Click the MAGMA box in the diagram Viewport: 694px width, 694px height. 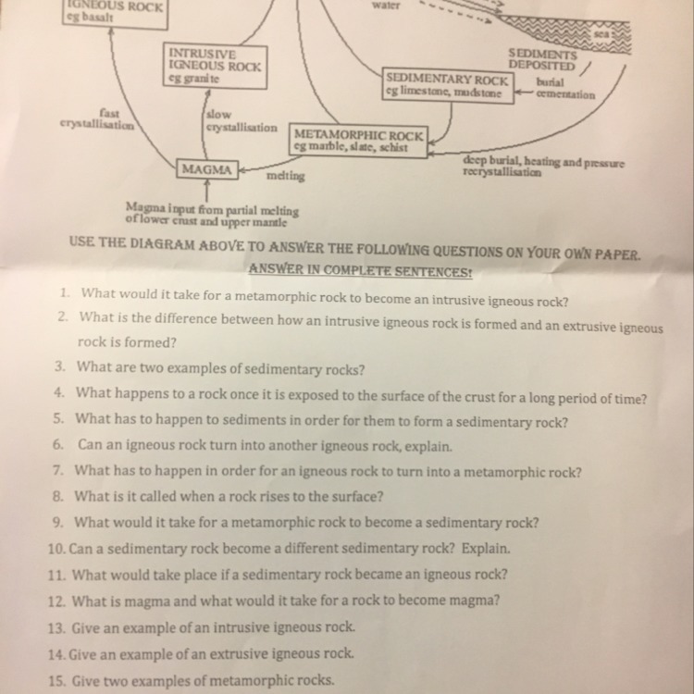click(207, 169)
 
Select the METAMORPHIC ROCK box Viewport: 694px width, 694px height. click(358, 141)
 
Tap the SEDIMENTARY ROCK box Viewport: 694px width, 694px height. click(448, 86)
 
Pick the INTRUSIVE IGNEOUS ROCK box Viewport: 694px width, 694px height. click(215, 67)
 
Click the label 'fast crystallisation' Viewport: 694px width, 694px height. click(97, 119)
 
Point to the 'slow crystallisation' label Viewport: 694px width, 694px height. click(242, 121)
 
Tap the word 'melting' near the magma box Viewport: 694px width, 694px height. click(286, 176)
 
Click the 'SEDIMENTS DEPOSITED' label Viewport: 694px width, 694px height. click(542, 60)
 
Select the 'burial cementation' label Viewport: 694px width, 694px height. click(565, 89)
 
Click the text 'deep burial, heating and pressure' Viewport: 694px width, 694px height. click(543, 162)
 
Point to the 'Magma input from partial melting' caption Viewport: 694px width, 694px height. click(212, 208)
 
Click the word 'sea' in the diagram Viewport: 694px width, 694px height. click(602, 34)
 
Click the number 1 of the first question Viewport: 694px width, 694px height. click(65, 292)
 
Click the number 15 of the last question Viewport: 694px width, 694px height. click(56, 681)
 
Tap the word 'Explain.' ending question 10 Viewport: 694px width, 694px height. click(486, 549)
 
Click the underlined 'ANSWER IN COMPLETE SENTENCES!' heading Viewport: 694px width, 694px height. click(360, 270)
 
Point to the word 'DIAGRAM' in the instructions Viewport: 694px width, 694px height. click(162, 243)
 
